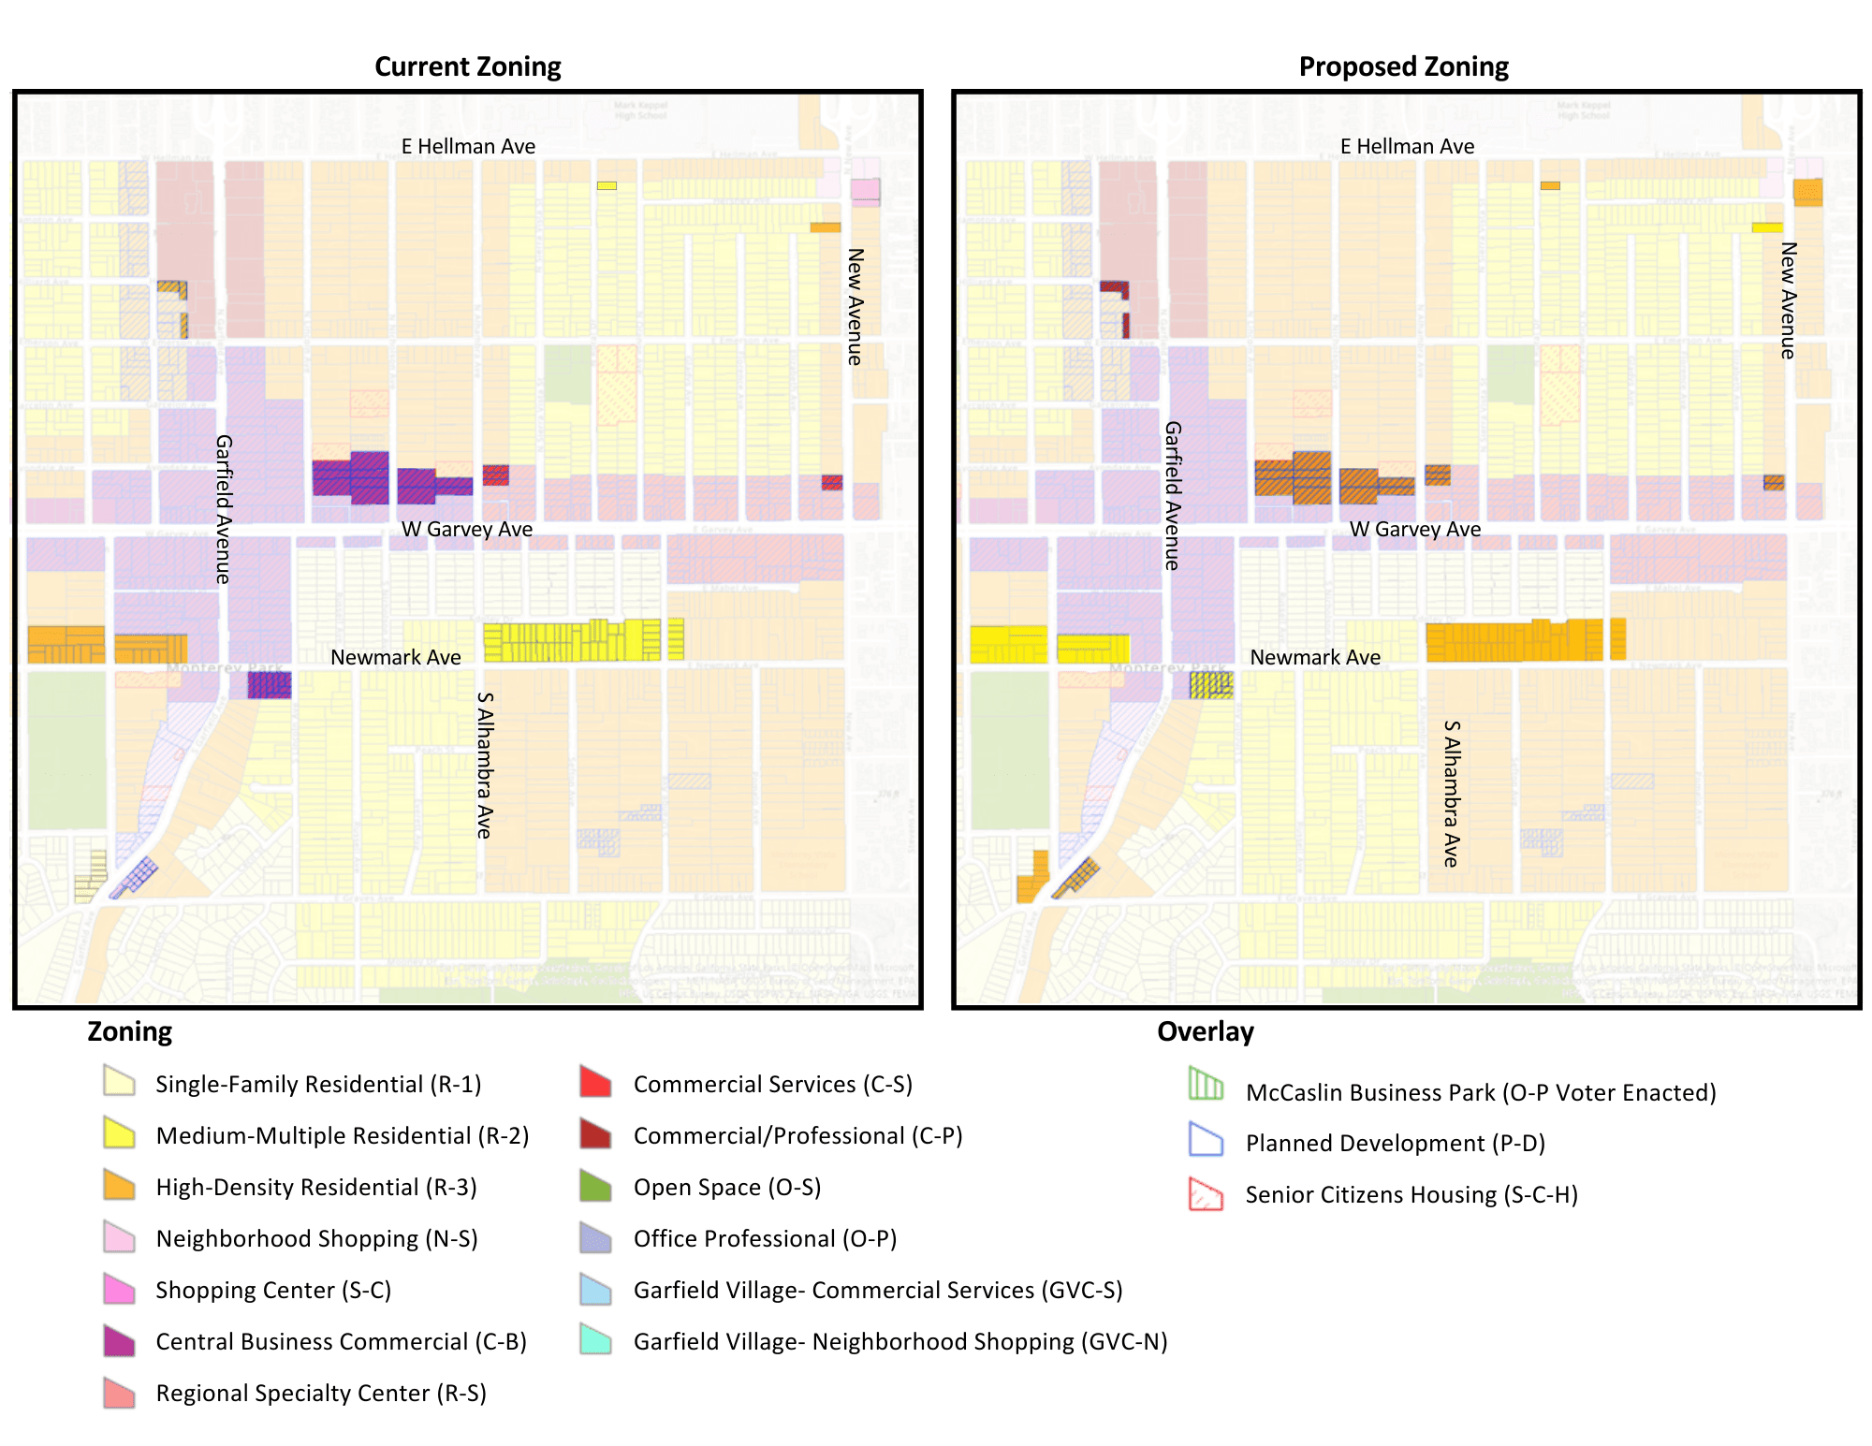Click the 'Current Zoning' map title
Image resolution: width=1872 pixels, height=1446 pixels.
click(x=467, y=66)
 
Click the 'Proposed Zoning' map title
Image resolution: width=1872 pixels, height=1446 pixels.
click(x=1403, y=66)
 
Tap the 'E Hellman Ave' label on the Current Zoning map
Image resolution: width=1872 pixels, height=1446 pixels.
click(x=468, y=146)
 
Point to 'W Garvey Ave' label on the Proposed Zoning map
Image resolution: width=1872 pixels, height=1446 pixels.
click(x=1414, y=529)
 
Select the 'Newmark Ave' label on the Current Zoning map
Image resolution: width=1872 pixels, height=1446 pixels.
click(x=395, y=657)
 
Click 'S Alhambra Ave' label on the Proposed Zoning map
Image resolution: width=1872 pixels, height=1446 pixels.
click(x=1451, y=793)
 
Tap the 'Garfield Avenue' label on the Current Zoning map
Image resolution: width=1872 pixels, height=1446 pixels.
click(x=223, y=509)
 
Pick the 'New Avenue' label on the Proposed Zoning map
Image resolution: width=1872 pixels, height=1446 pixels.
click(x=1788, y=299)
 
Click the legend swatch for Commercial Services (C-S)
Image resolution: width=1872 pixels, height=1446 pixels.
click(x=595, y=1082)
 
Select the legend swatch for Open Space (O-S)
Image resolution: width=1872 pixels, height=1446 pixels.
click(x=595, y=1185)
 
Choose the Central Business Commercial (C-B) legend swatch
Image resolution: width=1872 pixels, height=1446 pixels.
click(x=119, y=1340)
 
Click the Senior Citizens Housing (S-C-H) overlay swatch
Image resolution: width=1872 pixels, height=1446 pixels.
click(x=1206, y=1193)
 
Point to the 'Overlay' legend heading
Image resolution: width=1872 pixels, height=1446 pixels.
click(x=1205, y=1031)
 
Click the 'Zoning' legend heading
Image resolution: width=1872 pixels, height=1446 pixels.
click(x=129, y=1031)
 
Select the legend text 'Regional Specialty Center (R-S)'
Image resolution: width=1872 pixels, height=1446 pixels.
click(x=321, y=1393)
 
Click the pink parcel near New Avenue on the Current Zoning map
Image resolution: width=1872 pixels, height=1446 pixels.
click(x=865, y=191)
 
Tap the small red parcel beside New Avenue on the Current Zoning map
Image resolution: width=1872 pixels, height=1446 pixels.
click(x=832, y=482)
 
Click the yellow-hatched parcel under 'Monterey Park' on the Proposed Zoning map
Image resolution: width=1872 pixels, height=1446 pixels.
click(x=1211, y=685)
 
